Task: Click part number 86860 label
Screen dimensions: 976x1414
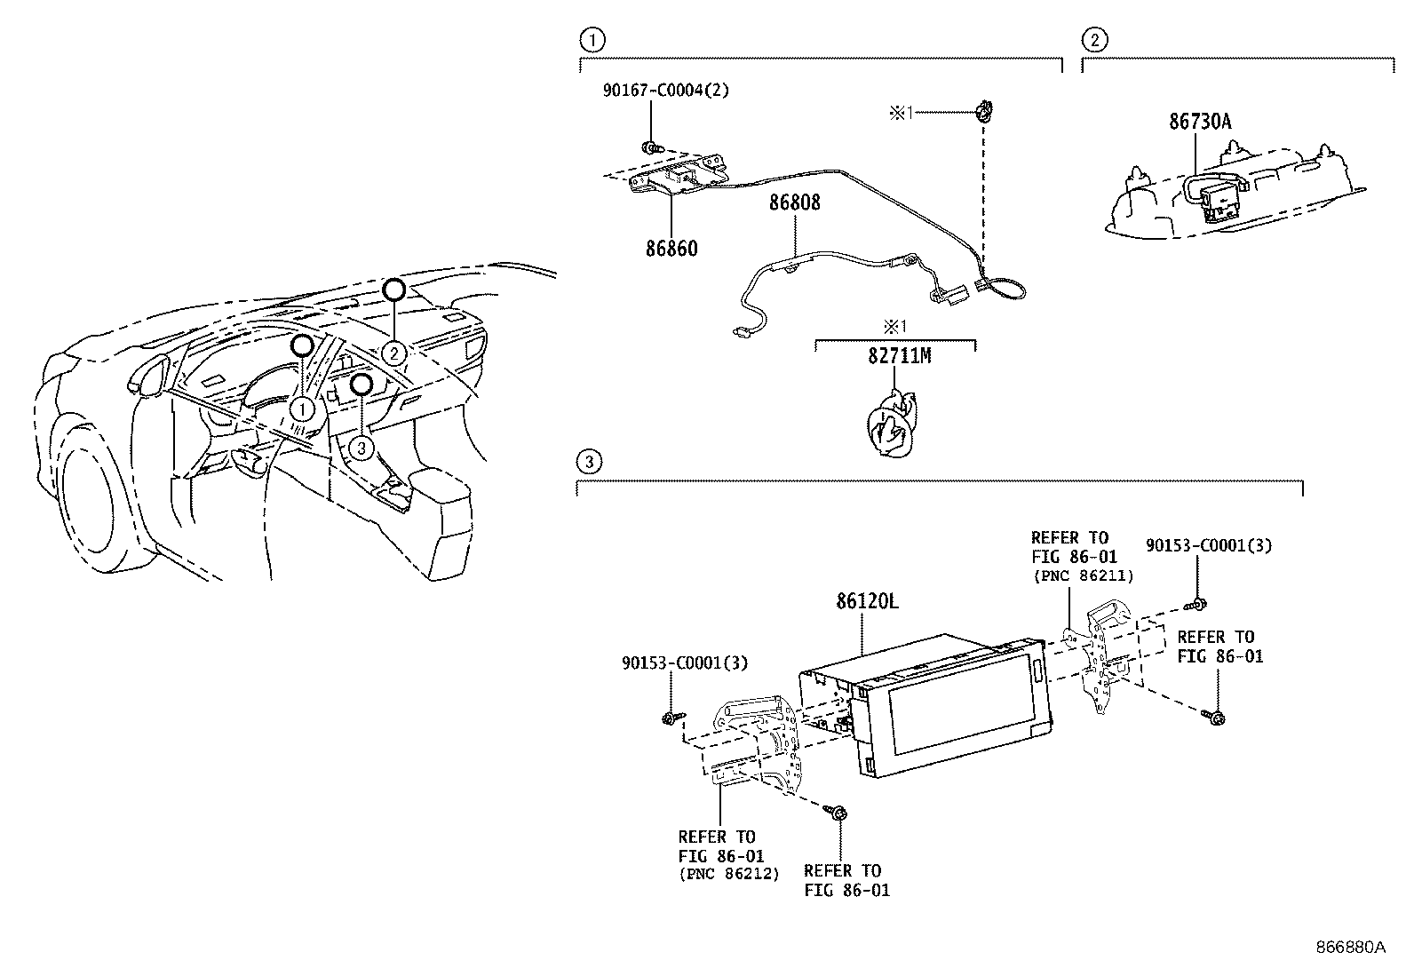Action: pos(671,249)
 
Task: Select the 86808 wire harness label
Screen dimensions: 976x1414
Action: pos(794,202)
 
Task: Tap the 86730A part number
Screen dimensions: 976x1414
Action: pos(1200,122)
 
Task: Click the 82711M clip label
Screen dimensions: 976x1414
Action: pos(900,356)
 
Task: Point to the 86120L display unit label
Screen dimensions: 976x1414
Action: pos(867,602)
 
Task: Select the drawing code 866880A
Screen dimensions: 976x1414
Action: pos(1350,947)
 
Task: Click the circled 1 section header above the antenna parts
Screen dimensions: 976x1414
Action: pos(591,39)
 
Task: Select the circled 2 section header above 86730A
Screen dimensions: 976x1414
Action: pos(1093,39)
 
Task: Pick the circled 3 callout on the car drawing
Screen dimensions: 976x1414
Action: pos(360,448)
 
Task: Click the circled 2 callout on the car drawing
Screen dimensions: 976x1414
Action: pos(394,353)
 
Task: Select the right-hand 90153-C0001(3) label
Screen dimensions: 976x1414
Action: pos(1208,545)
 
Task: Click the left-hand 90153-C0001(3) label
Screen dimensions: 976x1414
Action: pos(684,663)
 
